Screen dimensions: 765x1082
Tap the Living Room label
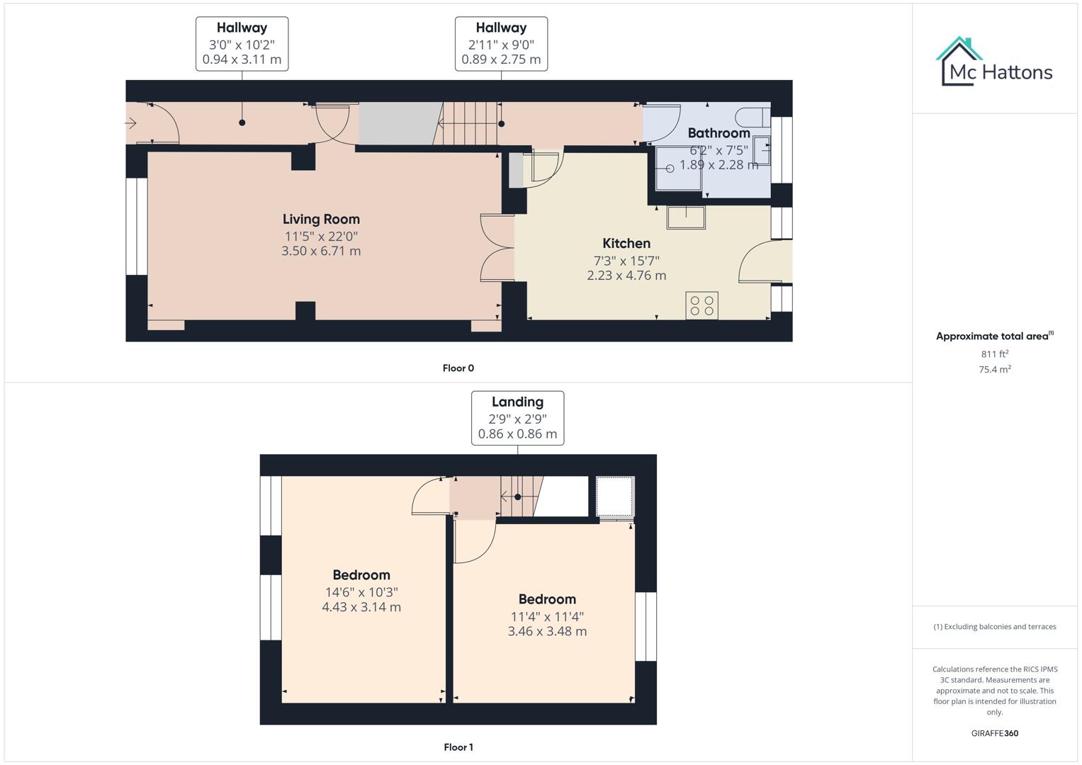321,220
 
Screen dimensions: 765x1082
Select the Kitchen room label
626,244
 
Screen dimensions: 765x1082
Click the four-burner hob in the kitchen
701,305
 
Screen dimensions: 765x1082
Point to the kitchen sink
686,217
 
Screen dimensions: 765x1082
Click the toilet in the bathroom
752,116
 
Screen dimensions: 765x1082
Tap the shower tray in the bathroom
677,169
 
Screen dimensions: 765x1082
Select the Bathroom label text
718,133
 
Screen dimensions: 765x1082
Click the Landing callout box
517,418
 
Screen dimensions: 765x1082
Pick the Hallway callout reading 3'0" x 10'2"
242,44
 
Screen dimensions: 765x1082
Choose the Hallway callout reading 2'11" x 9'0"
501,44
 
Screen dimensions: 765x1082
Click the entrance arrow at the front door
131,124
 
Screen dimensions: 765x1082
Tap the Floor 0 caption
458,368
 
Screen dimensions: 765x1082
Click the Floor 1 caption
458,747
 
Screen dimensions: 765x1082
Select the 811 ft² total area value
994,354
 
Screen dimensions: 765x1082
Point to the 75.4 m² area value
994,370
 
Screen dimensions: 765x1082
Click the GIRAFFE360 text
994,734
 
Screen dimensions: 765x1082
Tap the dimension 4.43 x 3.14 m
361,607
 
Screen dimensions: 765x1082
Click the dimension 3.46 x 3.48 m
547,631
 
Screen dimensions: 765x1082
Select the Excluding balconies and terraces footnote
994,627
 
